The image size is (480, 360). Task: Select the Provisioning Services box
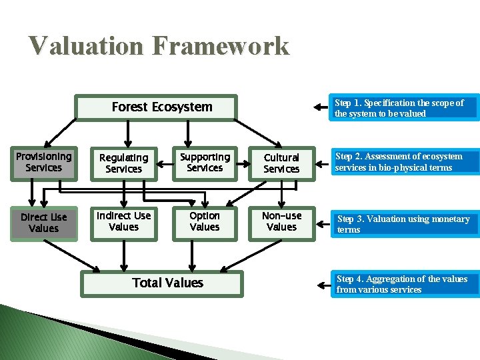pos(43,162)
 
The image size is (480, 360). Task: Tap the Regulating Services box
pos(124,163)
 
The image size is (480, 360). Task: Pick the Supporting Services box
pos(205,162)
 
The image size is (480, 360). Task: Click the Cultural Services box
pos(281,163)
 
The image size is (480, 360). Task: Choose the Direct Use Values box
pos(43,223)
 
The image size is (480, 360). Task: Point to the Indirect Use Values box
pos(124,221)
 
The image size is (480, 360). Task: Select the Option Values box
pos(205,221)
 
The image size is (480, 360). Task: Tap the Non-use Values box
pos(281,221)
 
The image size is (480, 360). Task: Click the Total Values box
pos(167,283)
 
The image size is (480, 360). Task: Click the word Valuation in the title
pos(85,46)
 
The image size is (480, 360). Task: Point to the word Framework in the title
pos(221,46)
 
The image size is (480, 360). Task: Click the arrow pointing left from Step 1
pos(323,108)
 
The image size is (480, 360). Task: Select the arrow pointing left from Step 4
pos(323,285)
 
